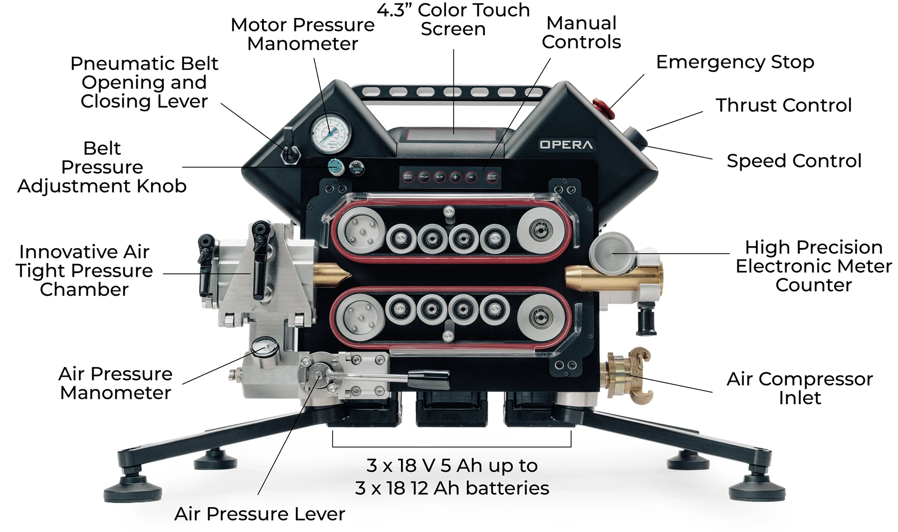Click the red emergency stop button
pos(600,105)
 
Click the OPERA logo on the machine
pos(566,145)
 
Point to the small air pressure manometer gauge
pos(265,348)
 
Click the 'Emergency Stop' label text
pos(735,62)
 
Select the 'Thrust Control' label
pos(783,105)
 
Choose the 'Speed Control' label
pos(794,161)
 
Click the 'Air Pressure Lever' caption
pos(259,514)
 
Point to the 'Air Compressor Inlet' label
pos(800,388)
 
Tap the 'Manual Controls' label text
pos(581,32)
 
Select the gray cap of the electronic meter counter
pos(611,250)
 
